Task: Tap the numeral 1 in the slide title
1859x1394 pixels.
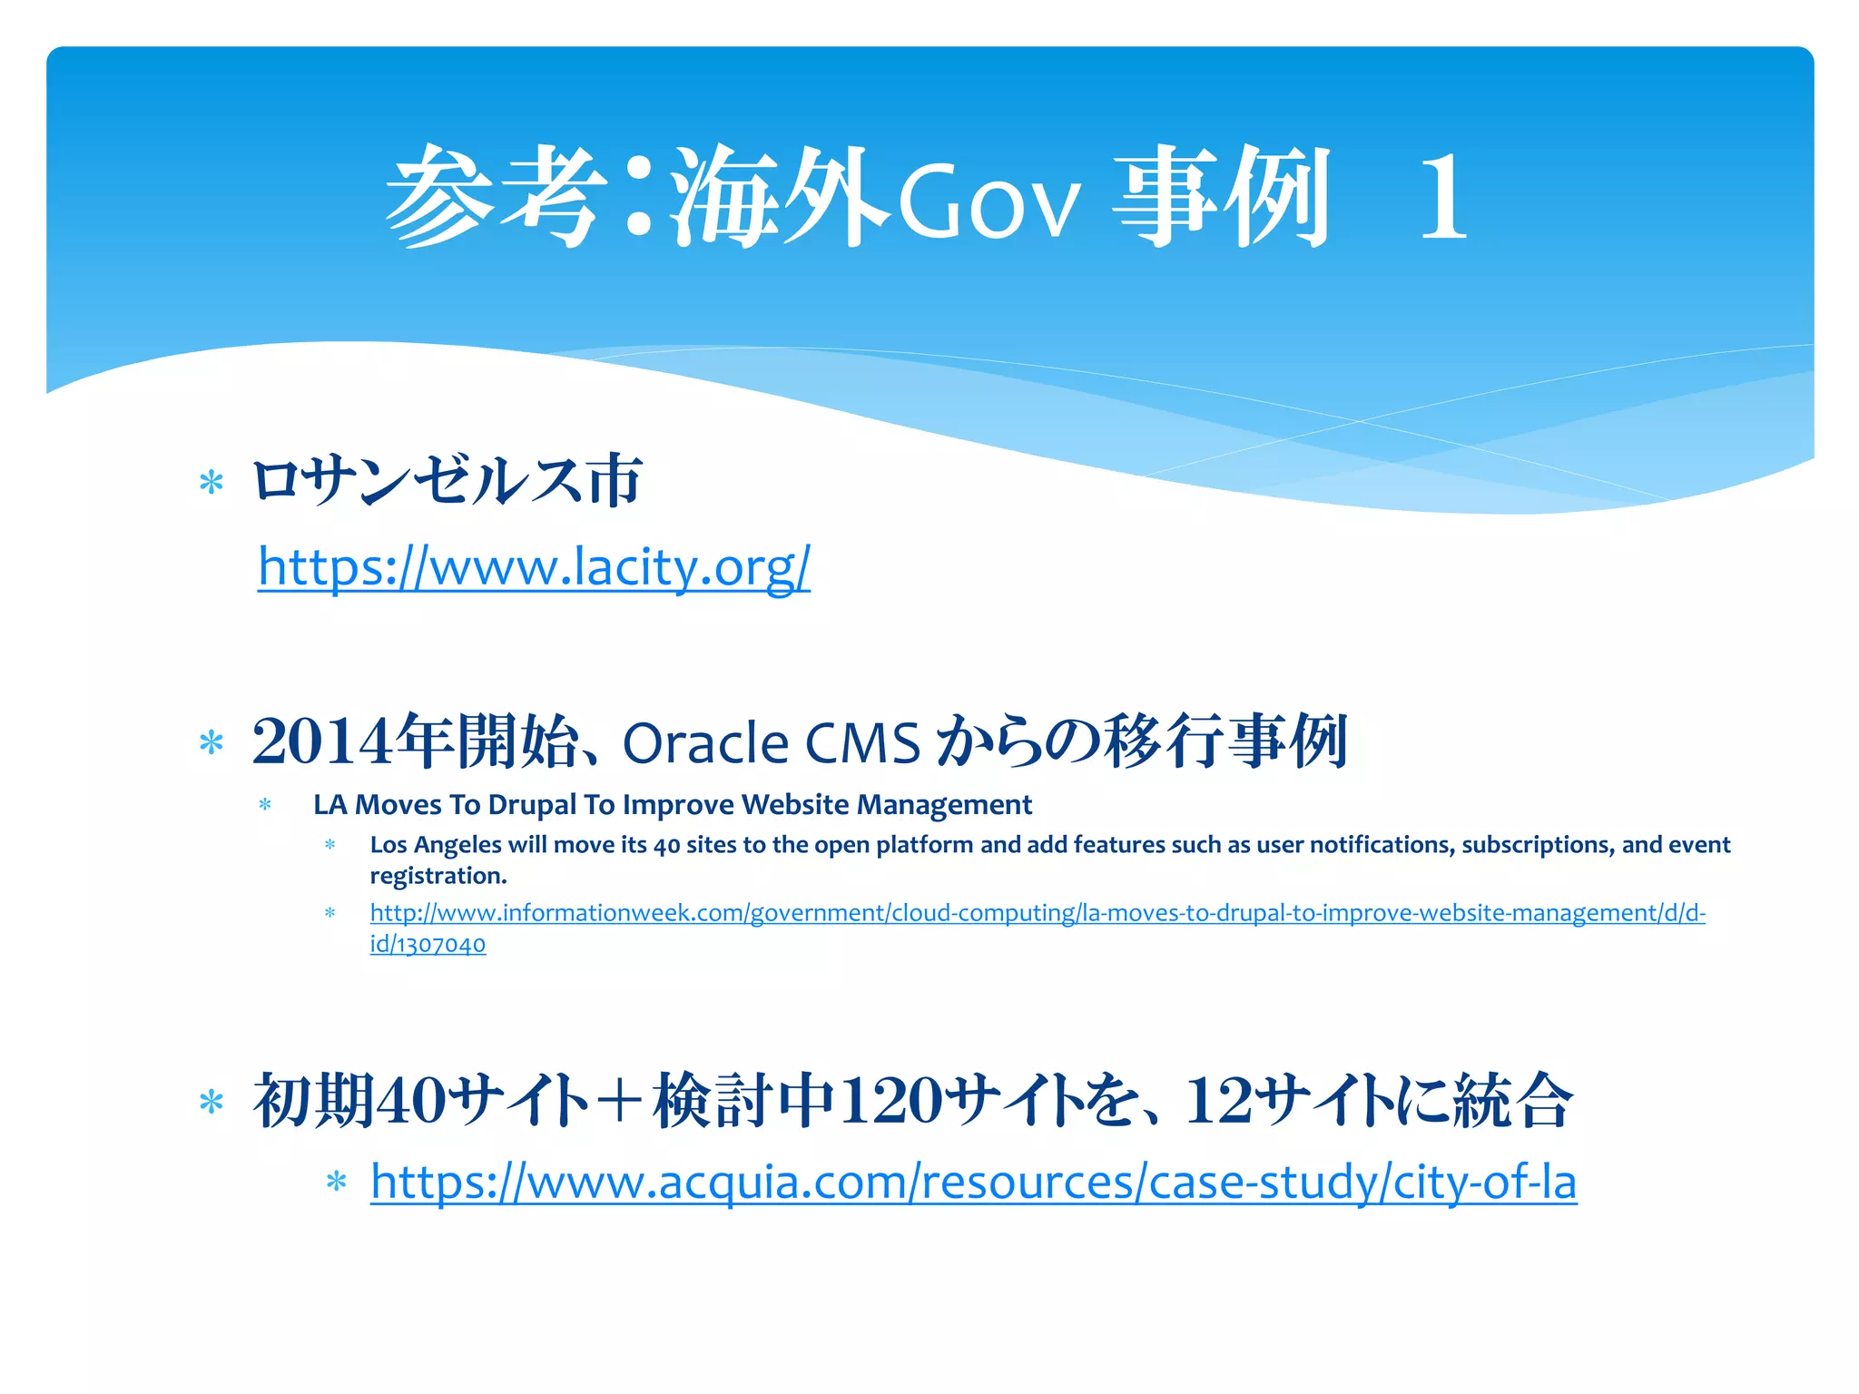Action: [x=1443, y=198]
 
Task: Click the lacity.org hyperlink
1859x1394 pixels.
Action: [x=534, y=568]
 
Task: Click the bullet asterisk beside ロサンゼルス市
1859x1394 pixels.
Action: [x=211, y=483]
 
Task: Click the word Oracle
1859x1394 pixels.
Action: [x=705, y=744]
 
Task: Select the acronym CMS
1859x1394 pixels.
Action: [x=862, y=744]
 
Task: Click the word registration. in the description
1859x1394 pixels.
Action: [x=438, y=877]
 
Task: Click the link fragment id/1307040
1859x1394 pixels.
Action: [x=428, y=945]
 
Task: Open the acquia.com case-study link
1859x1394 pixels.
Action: [x=973, y=1183]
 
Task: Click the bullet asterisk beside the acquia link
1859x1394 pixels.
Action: [x=337, y=1183]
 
